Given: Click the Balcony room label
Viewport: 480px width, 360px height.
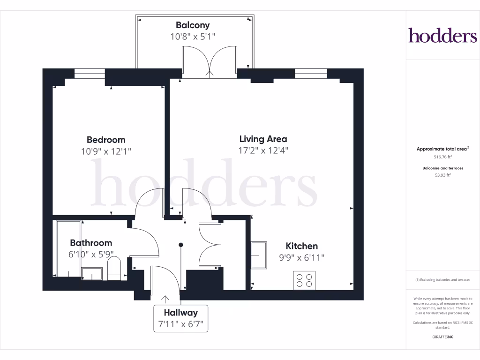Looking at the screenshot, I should click(193, 25).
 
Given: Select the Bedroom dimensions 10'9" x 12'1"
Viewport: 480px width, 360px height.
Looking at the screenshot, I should click(106, 151).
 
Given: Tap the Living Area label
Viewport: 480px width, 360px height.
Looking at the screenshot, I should click(263, 139).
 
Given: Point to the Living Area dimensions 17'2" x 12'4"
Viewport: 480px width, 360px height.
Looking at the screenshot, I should click(263, 150).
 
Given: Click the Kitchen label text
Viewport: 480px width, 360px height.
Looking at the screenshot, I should click(301, 246).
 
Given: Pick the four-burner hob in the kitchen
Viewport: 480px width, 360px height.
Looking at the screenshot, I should click(304, 280).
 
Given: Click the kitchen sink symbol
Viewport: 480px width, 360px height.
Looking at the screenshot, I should click(259, 255).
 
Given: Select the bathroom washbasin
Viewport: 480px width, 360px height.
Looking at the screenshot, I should click(91, 273).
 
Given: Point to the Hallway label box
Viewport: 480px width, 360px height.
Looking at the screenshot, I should click(180, 318).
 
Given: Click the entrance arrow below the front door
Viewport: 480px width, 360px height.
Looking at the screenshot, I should click(165, 298).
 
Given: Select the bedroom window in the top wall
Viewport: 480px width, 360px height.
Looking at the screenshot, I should click(89, 74).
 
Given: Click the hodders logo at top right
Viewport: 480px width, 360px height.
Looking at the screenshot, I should click(442, 35).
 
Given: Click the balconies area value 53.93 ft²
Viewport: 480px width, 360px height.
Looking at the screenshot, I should click(442, 175).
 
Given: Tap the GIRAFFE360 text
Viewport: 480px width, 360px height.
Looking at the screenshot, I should click(442, 337).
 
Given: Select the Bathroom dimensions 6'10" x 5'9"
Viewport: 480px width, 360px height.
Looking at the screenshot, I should click(91, 255).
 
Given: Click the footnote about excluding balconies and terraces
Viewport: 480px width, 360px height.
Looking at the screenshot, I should click(442, 280).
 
